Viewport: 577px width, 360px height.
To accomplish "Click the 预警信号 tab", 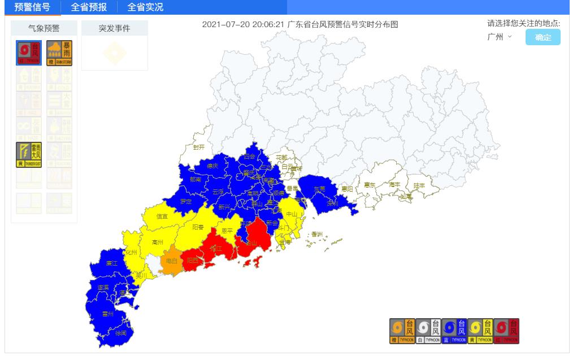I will pos(32,7).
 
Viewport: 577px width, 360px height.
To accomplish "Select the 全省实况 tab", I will pos(145,7).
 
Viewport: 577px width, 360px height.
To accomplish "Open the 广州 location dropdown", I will pos(500,37).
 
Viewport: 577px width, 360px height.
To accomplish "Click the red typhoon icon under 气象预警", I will pos(29,53).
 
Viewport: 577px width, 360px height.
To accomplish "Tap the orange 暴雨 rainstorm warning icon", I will pos(59,53).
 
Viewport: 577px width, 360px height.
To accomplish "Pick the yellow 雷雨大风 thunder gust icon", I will pos(29,154).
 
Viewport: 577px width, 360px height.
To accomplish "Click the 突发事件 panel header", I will pos(115,28).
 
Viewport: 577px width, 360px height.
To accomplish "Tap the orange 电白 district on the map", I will pos(171,261).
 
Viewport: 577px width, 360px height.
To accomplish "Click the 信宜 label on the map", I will pos(162,216).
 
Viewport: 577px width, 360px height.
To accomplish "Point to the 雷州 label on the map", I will pos(107,313).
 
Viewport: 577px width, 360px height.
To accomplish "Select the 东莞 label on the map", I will pos(320,190).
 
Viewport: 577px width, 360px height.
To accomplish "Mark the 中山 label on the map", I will pos(292,214).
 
